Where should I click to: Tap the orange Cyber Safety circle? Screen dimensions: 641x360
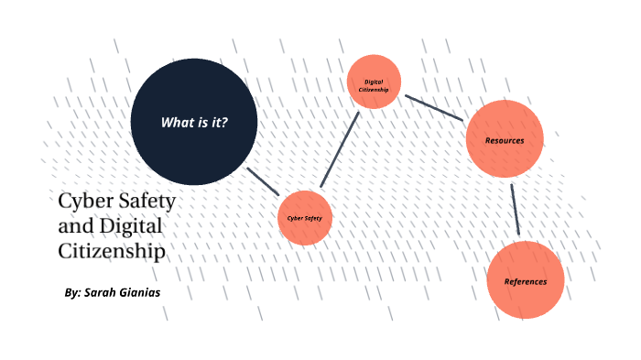pos(304,218)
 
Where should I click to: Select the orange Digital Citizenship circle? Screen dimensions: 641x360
pos(375,82)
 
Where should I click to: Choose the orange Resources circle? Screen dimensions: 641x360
pos(505,139)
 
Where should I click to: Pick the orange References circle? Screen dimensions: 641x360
pos(525,279)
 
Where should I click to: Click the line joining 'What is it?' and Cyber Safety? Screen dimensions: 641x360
pos(263,181)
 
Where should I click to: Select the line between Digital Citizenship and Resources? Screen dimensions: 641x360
pos(435,107)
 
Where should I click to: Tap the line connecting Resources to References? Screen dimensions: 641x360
pos(516,209)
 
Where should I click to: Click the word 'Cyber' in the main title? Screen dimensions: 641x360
pos(81,200)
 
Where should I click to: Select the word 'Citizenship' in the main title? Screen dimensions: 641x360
pos(112,249)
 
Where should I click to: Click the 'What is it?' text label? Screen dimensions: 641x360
pos(194,123)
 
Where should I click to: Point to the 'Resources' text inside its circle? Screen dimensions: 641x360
pos(505,141)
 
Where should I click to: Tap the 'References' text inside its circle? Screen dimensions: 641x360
pos(525,281)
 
